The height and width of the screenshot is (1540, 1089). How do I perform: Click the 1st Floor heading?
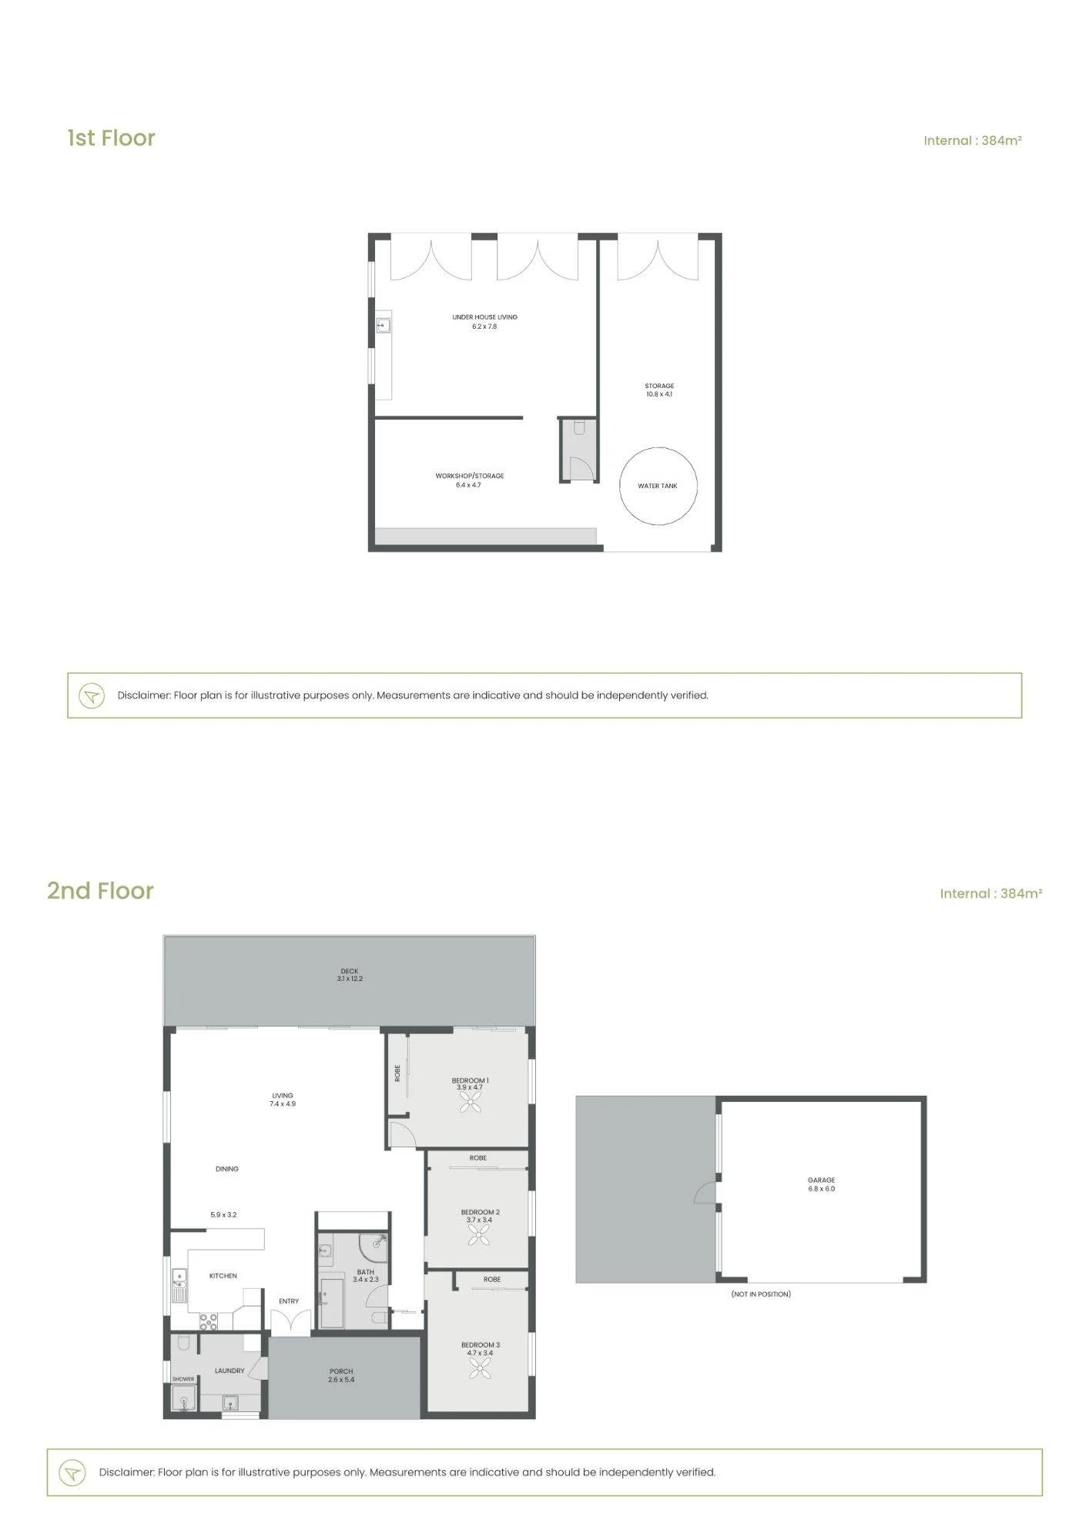pos(111,138)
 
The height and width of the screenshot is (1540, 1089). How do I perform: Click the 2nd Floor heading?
pos(100,891)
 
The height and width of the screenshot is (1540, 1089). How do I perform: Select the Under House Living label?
pos(484,316)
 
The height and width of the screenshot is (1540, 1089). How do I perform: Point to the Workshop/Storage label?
pos(469,476)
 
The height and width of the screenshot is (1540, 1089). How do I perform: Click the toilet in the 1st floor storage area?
pos(579,427)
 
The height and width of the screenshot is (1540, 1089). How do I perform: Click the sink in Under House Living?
pos(383,325)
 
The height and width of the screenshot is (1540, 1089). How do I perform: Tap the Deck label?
pos(350,971)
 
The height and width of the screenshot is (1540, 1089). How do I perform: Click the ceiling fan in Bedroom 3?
pos(480,1368)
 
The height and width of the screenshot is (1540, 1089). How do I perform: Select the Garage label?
pos(821,1180)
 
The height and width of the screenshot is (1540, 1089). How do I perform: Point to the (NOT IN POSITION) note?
pos(761,1294)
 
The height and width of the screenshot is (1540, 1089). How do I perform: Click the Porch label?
pos(341,1371)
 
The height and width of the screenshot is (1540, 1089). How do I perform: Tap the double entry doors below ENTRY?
pos(290,1322)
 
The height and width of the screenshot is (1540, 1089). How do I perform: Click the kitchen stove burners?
pos(209,1321)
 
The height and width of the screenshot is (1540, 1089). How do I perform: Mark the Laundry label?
pos(230,1371)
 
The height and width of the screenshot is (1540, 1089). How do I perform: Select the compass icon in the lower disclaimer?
pos(72,1473)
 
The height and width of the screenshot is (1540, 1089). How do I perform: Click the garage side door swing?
pos(705,1193)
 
